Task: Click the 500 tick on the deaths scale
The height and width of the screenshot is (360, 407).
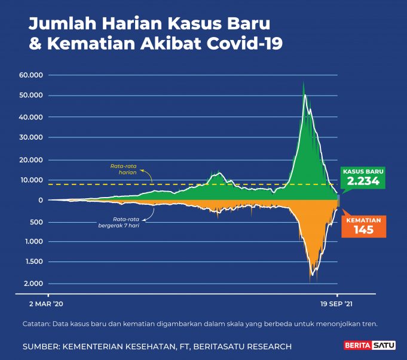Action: coord(37,222)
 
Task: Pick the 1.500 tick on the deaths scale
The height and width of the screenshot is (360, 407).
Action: coord(34,261)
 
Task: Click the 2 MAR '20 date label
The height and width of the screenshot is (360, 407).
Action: coord(47,304)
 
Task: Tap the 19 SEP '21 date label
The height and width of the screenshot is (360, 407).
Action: coord(337,304)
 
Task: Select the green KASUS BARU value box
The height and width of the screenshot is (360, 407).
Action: coord(363,177)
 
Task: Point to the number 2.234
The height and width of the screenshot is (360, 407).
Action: coord(363,181)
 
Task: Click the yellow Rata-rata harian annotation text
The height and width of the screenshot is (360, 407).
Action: coord(123,168)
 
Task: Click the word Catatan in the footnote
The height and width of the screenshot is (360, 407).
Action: coord(37,324)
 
